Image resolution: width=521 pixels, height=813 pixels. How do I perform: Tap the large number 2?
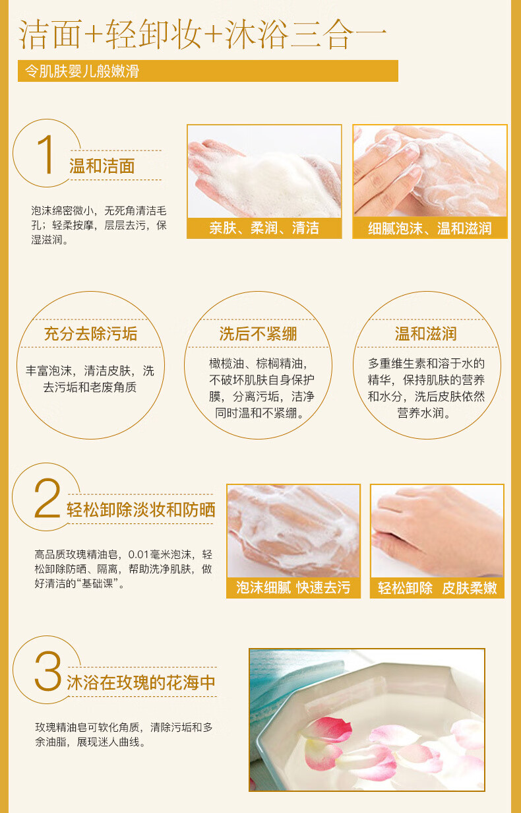click(47, 498)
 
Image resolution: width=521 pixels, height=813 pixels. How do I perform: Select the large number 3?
click(48, 670)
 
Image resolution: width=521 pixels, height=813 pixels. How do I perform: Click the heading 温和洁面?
click(102, 166)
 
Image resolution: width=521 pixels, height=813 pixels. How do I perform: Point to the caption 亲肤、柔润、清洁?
click(264, 228)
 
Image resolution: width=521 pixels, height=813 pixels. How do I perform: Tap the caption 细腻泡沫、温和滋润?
click(429, 228)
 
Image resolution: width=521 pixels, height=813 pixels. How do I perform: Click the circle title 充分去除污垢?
click(91, 334)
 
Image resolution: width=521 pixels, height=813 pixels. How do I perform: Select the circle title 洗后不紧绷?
click(258, 334)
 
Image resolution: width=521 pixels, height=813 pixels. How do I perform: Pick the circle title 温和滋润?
click(426, 334)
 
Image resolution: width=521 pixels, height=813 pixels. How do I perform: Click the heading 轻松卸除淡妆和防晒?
click(140, 509)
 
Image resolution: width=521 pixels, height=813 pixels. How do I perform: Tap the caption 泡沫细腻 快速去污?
click(293, 587)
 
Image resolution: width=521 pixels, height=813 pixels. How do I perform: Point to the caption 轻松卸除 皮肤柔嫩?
click(437, 588)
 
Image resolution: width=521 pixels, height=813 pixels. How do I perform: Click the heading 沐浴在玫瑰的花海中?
click(140, 683)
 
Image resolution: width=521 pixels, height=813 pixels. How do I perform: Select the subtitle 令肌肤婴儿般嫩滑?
click(82, 71)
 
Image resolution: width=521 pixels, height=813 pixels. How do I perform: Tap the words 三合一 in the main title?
click(338, 35)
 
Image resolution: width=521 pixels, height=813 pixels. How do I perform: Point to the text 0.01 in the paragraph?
click(138, 554)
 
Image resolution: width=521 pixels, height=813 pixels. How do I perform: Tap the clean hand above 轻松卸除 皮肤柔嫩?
click(437, 530)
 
